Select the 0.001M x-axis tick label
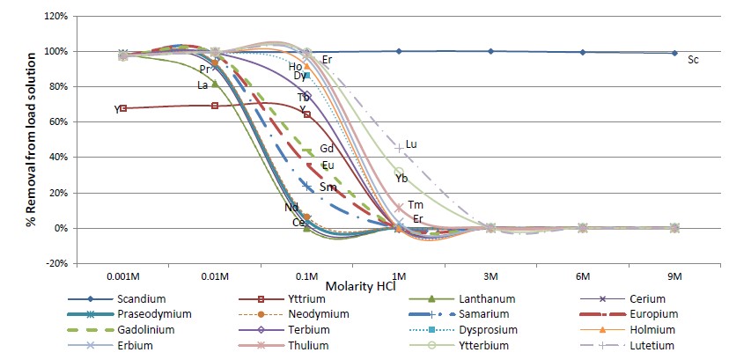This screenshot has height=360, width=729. [x=123, y=276]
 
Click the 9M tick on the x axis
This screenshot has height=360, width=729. [x=674, y=276]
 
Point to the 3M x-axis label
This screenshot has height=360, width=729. [x=490, y=276]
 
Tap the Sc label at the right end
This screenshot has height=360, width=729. [x=693, y=60]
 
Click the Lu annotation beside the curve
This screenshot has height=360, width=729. [x=411, y=144]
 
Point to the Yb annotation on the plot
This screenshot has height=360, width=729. [x=401, y=179]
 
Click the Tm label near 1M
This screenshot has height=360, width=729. [x=416, y=205]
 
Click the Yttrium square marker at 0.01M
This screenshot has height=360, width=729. [x=215, y=106]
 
